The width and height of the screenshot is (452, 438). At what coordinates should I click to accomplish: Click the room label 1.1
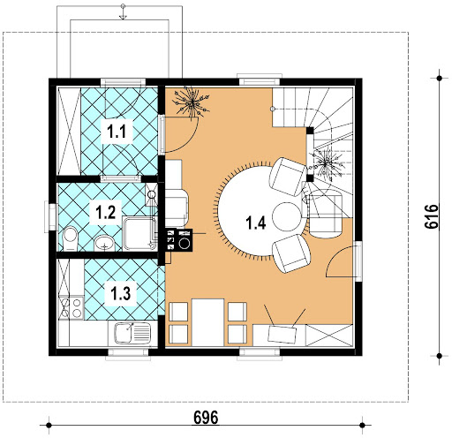[x=117, y=132]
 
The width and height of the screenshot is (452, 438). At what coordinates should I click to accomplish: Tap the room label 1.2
[x=106, y=212]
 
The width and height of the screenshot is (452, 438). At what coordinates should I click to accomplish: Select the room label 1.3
[x=121, y=293]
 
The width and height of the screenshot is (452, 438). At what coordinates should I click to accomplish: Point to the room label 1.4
[x=256, y=223]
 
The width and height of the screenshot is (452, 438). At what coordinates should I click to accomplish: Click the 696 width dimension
[x=206, y=418]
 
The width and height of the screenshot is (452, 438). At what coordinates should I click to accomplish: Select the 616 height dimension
[x=432, y=216]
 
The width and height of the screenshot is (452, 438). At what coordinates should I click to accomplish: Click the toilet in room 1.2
[x=70, y=238]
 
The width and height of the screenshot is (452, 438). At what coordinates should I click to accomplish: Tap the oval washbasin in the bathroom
[x=104, y=243]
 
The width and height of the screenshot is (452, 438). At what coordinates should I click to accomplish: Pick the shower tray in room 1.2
[x=139, y=233]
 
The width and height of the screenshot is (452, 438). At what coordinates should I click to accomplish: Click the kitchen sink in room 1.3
[x=132, y=333]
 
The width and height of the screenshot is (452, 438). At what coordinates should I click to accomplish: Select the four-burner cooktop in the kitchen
[x=72, y=308]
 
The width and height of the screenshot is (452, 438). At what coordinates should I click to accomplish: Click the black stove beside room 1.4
[x=179, y=240]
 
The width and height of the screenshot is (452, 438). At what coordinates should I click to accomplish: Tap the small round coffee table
[x=286, y=216]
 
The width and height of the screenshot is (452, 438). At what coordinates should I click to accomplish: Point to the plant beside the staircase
[x=325, y=163]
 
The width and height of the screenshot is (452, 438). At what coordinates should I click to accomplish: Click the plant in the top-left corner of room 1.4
[x=192, y=102]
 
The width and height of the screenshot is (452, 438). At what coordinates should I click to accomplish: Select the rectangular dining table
[x=207, y=322]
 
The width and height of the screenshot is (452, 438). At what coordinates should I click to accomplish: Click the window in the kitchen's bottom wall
[x=128, y=354]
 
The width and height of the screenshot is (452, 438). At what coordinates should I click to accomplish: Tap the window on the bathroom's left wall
[x=50, y=216]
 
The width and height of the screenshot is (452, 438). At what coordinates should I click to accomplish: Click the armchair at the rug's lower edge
[x=291, y=253]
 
